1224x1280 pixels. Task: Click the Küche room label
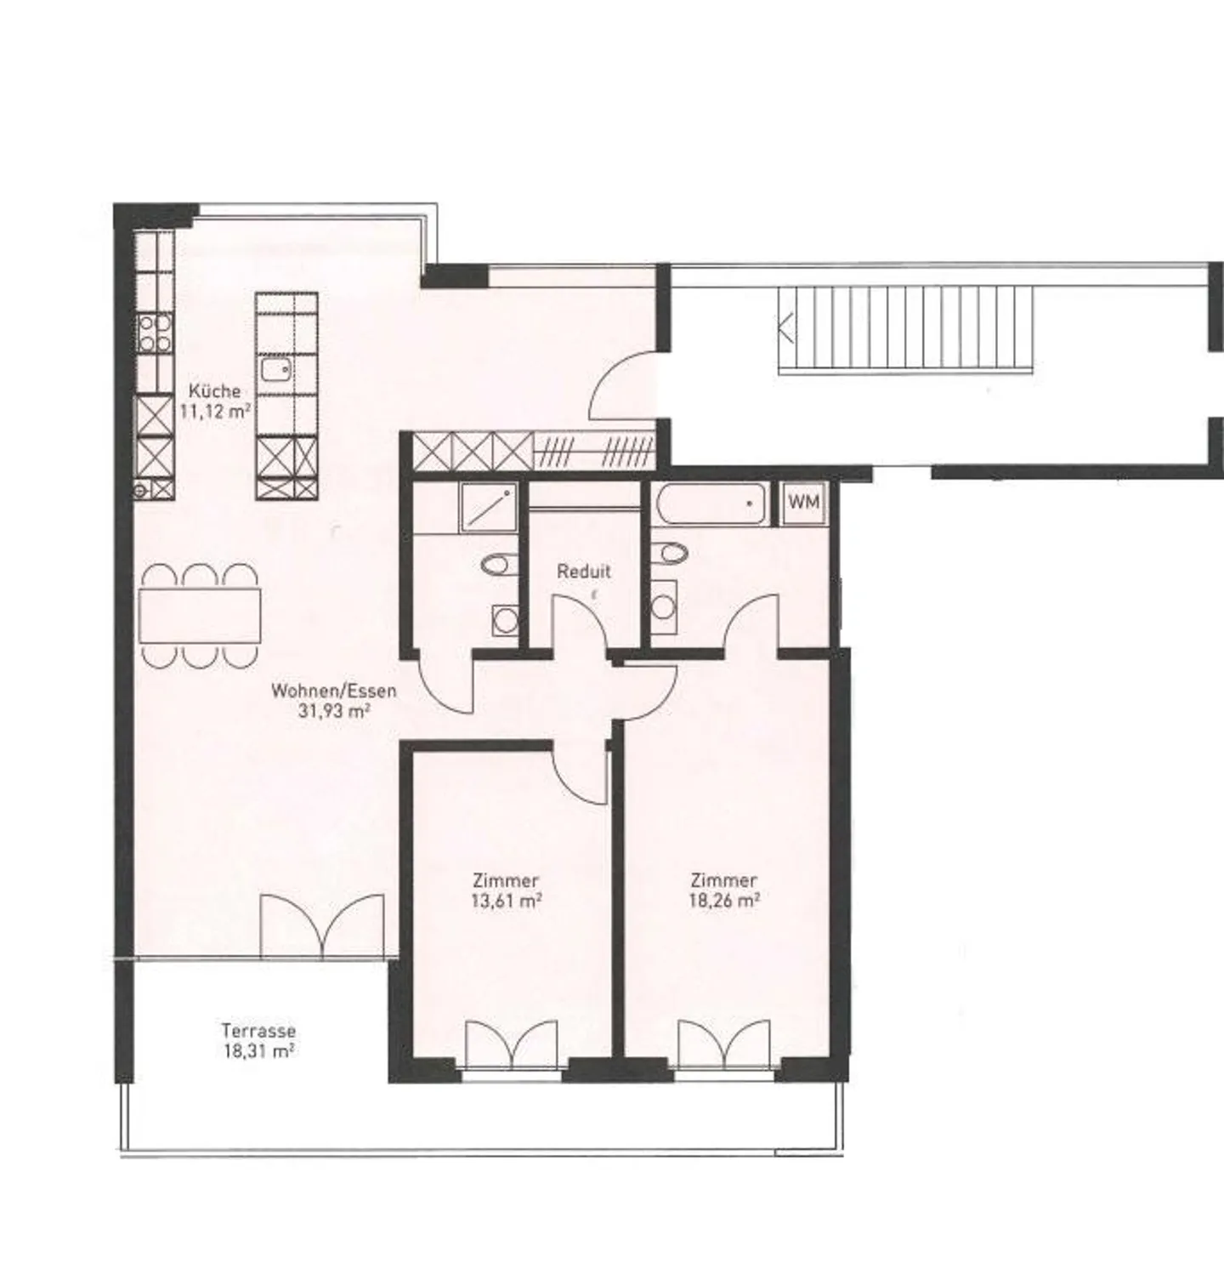pyautogui.click(x=214, y=391)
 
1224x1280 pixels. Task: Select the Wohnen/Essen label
pyautogui.click(x=333, y=691)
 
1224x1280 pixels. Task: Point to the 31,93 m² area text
pyautogui.click(x=333, y=711)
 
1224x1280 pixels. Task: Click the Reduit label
pyautogui.click(x=584, y=572)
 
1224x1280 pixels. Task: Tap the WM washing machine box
pyautogui.click(x=803, y=502)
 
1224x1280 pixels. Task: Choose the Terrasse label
pyautogui.click(x=258, y=1031)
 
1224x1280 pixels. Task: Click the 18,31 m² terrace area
pyautogui.click(x=258, y=1051)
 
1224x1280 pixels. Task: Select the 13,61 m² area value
pyautogui.click(x=507, y=901)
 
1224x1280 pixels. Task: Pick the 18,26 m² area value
pyautogui.click(x=723, y=901)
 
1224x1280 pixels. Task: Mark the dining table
pyautogui.click(x=200, y=615)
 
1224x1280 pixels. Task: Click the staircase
pyautogui.click(x=905, y=327)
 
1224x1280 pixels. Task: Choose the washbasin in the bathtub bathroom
pyautogui.click(x=665, y=605)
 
